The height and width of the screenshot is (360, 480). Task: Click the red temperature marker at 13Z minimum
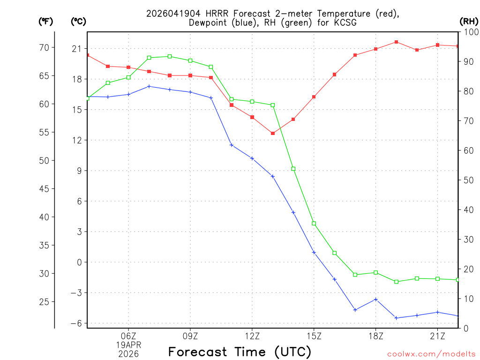273,134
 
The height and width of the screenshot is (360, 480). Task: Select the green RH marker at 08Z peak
170,56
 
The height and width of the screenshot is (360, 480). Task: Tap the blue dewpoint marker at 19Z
396,318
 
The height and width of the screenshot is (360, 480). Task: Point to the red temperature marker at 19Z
396,42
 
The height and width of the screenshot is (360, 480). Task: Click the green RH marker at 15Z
314,224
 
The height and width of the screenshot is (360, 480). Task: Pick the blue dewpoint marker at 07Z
149,86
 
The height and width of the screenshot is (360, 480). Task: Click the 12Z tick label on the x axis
252,336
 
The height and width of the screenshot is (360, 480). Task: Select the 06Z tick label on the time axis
128,336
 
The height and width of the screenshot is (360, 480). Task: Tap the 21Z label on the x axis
437,336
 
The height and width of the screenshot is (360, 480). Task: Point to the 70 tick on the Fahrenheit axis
44,48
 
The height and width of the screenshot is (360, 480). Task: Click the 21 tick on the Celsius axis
76,49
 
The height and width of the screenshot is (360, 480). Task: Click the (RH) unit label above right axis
468,21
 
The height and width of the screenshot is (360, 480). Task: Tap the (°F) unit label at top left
45,21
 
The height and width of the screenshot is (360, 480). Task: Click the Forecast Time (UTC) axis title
240,352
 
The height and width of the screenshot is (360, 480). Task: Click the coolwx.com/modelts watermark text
431,354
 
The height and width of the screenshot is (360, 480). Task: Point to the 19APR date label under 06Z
128,345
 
